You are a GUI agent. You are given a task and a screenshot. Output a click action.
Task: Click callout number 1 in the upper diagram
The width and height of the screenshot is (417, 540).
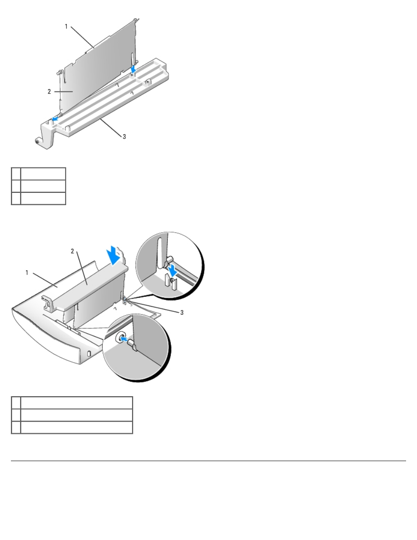(66, 26)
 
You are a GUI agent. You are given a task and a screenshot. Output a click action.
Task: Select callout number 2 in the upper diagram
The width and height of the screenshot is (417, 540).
(49, 92)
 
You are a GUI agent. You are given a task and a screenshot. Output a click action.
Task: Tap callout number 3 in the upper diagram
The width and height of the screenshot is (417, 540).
(124, 137)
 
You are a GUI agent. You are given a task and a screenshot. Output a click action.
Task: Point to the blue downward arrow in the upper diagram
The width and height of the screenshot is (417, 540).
(133, 69)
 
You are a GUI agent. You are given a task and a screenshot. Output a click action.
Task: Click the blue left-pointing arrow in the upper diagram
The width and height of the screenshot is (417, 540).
(55, 119)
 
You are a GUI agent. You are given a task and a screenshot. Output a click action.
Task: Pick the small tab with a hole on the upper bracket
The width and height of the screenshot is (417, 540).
(148, 82)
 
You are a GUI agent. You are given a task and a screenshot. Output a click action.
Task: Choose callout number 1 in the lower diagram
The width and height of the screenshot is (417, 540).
(27, 273)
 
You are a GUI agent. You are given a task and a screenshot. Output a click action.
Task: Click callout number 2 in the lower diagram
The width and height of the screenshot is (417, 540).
(72, 251)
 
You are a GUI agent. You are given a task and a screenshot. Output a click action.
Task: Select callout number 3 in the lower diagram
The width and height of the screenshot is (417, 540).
(182, 313)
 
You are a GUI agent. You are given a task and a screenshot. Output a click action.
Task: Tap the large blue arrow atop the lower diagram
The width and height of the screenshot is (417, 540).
(114, 255)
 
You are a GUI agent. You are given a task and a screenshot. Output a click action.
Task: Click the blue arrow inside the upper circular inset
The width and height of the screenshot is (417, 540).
(172, 270)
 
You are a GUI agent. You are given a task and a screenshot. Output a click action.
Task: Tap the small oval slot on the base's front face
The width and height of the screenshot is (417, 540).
(89, 353)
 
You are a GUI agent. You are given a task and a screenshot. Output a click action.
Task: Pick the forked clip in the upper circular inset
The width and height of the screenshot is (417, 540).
(171, 282)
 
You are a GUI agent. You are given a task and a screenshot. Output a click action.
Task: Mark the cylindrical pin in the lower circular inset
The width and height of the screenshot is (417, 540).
(132, 346)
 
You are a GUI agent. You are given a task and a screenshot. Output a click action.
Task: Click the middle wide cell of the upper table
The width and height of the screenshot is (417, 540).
(43, 186)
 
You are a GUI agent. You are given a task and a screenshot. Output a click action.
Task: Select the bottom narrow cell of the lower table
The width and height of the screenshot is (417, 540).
(16, 427)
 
